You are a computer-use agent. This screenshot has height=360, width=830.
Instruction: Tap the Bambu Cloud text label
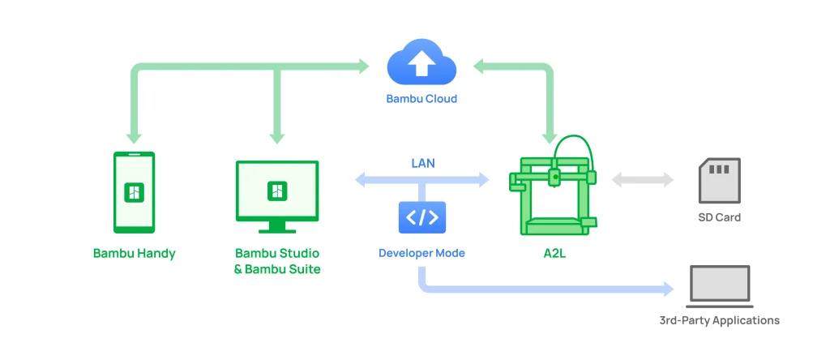point(421,99)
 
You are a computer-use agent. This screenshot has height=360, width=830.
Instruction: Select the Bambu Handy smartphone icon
point(134,192)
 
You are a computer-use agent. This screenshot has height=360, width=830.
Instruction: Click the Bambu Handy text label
point(134,253)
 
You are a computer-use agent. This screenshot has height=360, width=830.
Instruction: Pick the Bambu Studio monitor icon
point(277,196)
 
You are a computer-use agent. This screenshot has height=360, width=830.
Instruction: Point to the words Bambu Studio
point(277,253)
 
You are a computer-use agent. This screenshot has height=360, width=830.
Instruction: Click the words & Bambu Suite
point(277,269)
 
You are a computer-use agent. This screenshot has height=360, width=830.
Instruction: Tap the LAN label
point(423,163)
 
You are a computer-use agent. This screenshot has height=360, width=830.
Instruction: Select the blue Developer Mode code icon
point(421,217)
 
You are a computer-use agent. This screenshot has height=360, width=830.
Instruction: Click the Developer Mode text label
point(421,253)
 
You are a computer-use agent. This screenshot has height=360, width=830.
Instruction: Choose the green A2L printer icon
point(553,186)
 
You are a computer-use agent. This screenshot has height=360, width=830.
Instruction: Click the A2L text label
point(554,253)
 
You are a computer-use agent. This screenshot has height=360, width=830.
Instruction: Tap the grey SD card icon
point(720,180)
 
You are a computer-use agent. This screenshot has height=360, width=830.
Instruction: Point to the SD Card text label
point(720,217)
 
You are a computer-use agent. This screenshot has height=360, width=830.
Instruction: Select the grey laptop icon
point(720,286)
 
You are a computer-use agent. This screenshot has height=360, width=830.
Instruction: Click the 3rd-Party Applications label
point(720,320)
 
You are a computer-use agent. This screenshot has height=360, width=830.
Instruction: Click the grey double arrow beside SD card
point(643,180)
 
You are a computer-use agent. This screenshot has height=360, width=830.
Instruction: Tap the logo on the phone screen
point(134,192)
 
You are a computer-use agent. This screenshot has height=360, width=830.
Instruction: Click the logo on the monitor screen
point(277,191)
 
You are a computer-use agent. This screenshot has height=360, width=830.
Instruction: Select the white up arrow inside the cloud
point(421,65)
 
